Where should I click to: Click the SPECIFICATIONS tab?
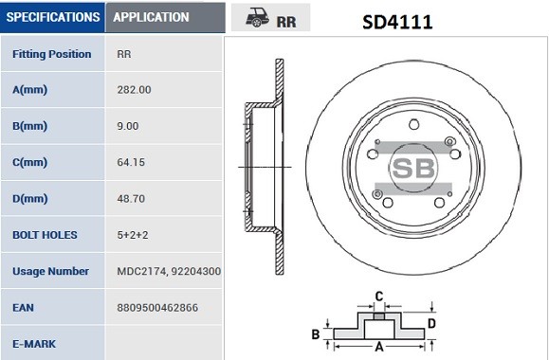tap(52, 17)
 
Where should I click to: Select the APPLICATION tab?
tap(151, 17)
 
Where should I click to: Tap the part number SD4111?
tap(397, 20)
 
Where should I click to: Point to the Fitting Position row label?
tap(52, 54)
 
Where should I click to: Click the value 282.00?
tap(133, 90)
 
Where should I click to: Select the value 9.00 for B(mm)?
tap(127, 126)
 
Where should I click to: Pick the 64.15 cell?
tap(130, 162)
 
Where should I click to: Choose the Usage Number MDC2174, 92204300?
tap(168, 271)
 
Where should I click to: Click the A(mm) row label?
tap(30, 90)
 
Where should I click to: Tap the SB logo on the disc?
tap(414, 169)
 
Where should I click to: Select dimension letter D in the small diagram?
tap(432, 323)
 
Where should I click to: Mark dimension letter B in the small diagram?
tap(315, 334)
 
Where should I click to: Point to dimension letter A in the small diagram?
tap(377, 347)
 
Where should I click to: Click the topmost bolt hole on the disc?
tap(413, 124)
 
